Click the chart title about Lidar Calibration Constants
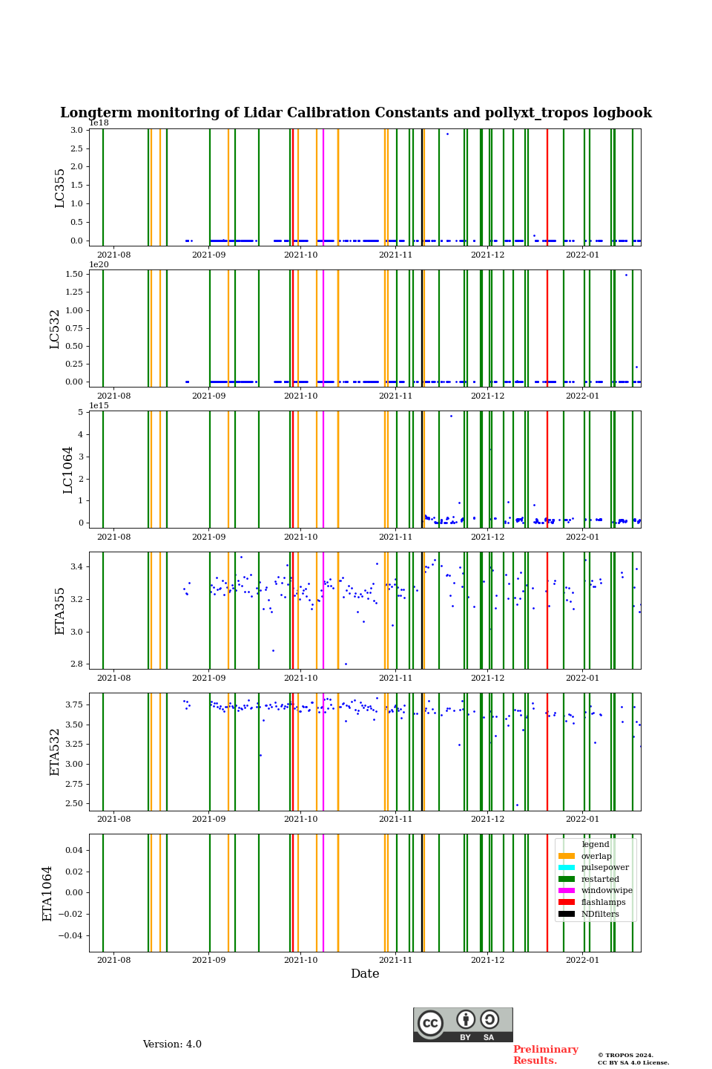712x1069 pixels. [x=356, y=113]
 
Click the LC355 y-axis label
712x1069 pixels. [x=60, y=188]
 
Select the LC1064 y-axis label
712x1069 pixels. [x=68, y=469]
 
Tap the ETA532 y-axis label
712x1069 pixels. [x=55, y=751]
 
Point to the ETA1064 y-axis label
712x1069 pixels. [x=47, y=893]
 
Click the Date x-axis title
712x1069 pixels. [x=365, y=974]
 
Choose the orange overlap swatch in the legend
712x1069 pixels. [x=567, y=856]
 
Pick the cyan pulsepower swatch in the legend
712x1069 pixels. [x=567, y=868]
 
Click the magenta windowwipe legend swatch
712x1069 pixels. [x=567, y=891]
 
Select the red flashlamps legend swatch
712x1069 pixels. [x=567, y=903]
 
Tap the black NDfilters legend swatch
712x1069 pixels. [x=567, y=914]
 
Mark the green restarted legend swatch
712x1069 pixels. [x=567, y=879]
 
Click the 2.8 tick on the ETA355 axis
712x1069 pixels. [x=76, y=664]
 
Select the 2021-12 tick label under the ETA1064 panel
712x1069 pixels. [x=487, y=960]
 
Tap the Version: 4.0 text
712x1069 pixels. [x=172, y=1045]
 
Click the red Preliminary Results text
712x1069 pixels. [x=545, y=1055]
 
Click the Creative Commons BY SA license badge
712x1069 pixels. [x=463, y=1024]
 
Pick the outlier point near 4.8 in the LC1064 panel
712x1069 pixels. [x=451, y=416]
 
